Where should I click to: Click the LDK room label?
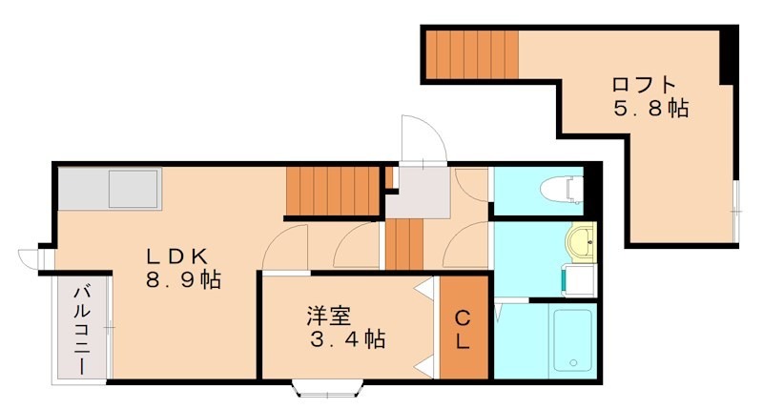click(x=176, y=256)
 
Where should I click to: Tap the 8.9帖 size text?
click(x=183, y=280)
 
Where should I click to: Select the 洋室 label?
click(x=327, y=314)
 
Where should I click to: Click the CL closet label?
click(x=462, y=329)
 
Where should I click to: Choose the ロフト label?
click(x=644, y=84)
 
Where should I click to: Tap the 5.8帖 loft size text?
click(x=650, y=109)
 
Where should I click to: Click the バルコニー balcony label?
click(x=82, y=330)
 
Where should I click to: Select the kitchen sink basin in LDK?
click(x=134, y=188)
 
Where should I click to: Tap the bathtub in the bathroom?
click(x=572, y=340)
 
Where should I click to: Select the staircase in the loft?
click(x=471, y=55)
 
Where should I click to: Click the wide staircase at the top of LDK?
click(x=333, y=192)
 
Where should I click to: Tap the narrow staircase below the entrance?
click(x=403, y=245)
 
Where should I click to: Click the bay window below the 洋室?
click(x=328, y=388)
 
